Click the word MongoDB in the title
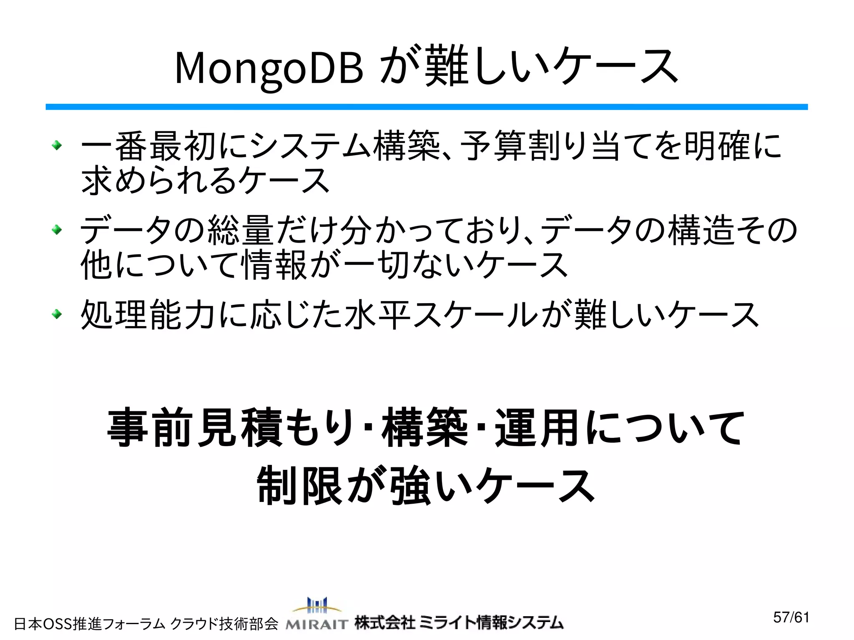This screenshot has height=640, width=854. (269, 68)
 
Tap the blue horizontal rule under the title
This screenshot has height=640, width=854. (427, 107)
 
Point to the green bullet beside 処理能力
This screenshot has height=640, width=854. (57, 314)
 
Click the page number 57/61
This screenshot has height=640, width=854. (791, 617)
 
